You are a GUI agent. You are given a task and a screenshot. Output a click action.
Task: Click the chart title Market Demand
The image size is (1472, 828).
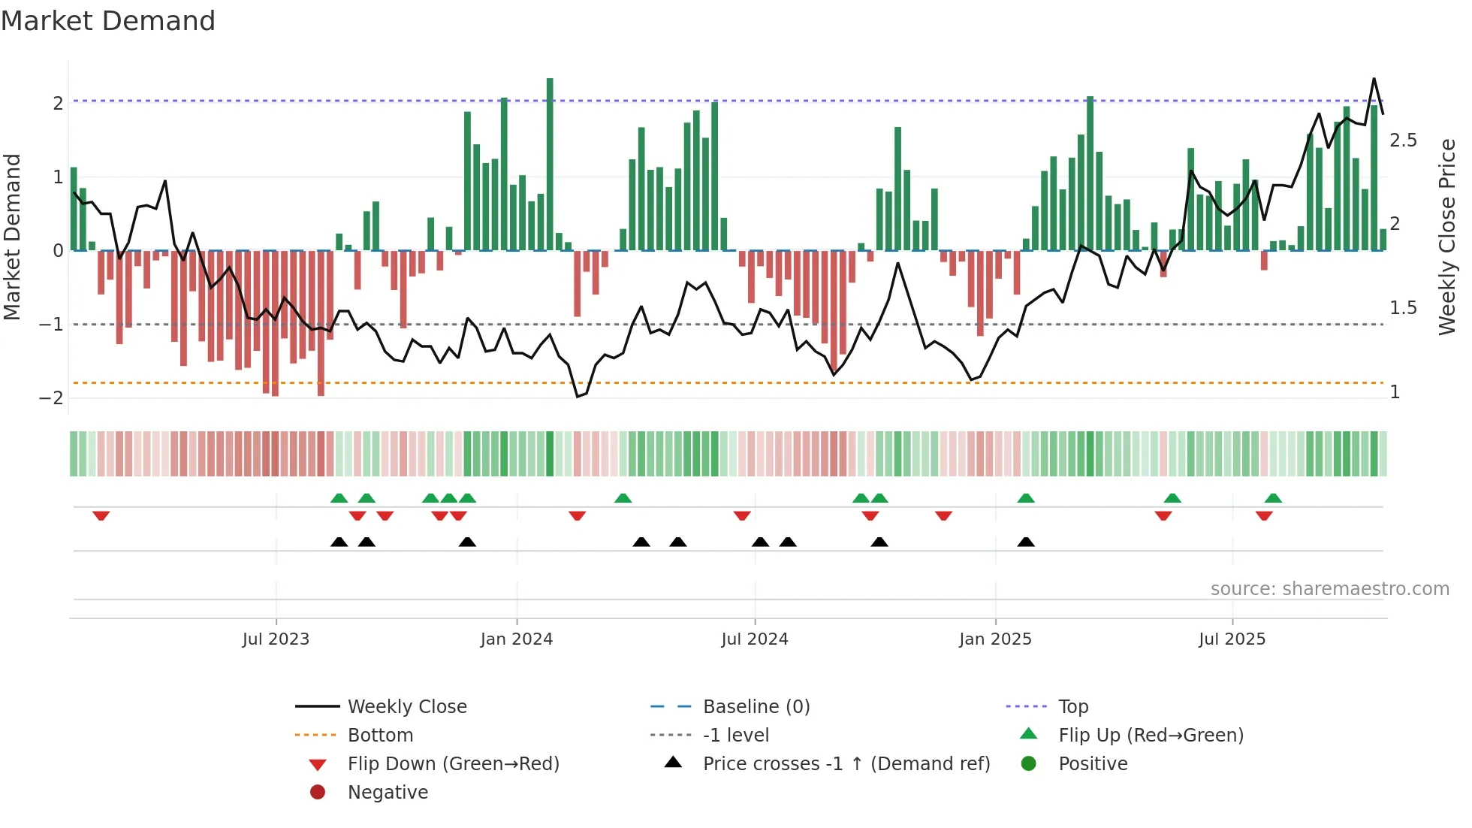(x=108, y=21)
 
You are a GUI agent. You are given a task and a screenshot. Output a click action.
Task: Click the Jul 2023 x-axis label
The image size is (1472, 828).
(x=276, y=639)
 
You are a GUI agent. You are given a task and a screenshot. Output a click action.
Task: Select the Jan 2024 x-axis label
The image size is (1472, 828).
(x=517, y=639)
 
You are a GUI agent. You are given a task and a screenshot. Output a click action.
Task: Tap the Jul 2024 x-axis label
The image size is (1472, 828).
(x=755, y=639)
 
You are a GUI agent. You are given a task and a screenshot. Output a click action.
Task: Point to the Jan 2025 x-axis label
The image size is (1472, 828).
(x=995, y=639)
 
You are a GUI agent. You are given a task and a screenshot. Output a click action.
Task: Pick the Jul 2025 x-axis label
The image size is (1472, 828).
(x=1232, y=639)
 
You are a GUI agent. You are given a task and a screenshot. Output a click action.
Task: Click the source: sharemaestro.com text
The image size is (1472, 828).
(x=1329, y=588)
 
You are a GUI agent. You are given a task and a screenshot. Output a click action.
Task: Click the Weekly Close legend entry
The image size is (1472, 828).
(x=407, y=706)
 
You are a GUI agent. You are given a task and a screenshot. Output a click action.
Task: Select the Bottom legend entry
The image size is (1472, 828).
(x=380, y=735)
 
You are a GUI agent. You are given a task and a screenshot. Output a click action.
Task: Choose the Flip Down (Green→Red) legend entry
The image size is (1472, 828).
(x=453, y=763)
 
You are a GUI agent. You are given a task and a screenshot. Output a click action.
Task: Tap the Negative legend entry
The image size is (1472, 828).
(x=388, y=792)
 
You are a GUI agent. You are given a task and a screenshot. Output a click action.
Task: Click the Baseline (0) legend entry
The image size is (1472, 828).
(x=756, y=706)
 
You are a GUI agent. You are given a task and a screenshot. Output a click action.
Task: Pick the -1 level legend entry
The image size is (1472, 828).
(x=736, y=735)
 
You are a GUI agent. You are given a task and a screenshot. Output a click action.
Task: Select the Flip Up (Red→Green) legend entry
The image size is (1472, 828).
(x=1151, y=735)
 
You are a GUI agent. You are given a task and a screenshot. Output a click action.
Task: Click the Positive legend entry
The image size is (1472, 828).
(x=1093, y=763)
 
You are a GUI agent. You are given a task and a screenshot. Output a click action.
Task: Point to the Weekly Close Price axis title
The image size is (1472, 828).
(x=1447, y=237)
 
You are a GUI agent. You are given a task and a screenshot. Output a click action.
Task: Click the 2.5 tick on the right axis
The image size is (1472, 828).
(x=1403, y=141)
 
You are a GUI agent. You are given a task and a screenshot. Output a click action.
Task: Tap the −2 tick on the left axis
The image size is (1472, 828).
(x=51, y=397)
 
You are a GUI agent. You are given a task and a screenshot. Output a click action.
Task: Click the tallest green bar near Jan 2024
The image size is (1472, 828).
(x=550, y=165)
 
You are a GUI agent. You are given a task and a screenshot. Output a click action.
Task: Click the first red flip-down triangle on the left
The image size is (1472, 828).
(x=101, y=515)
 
